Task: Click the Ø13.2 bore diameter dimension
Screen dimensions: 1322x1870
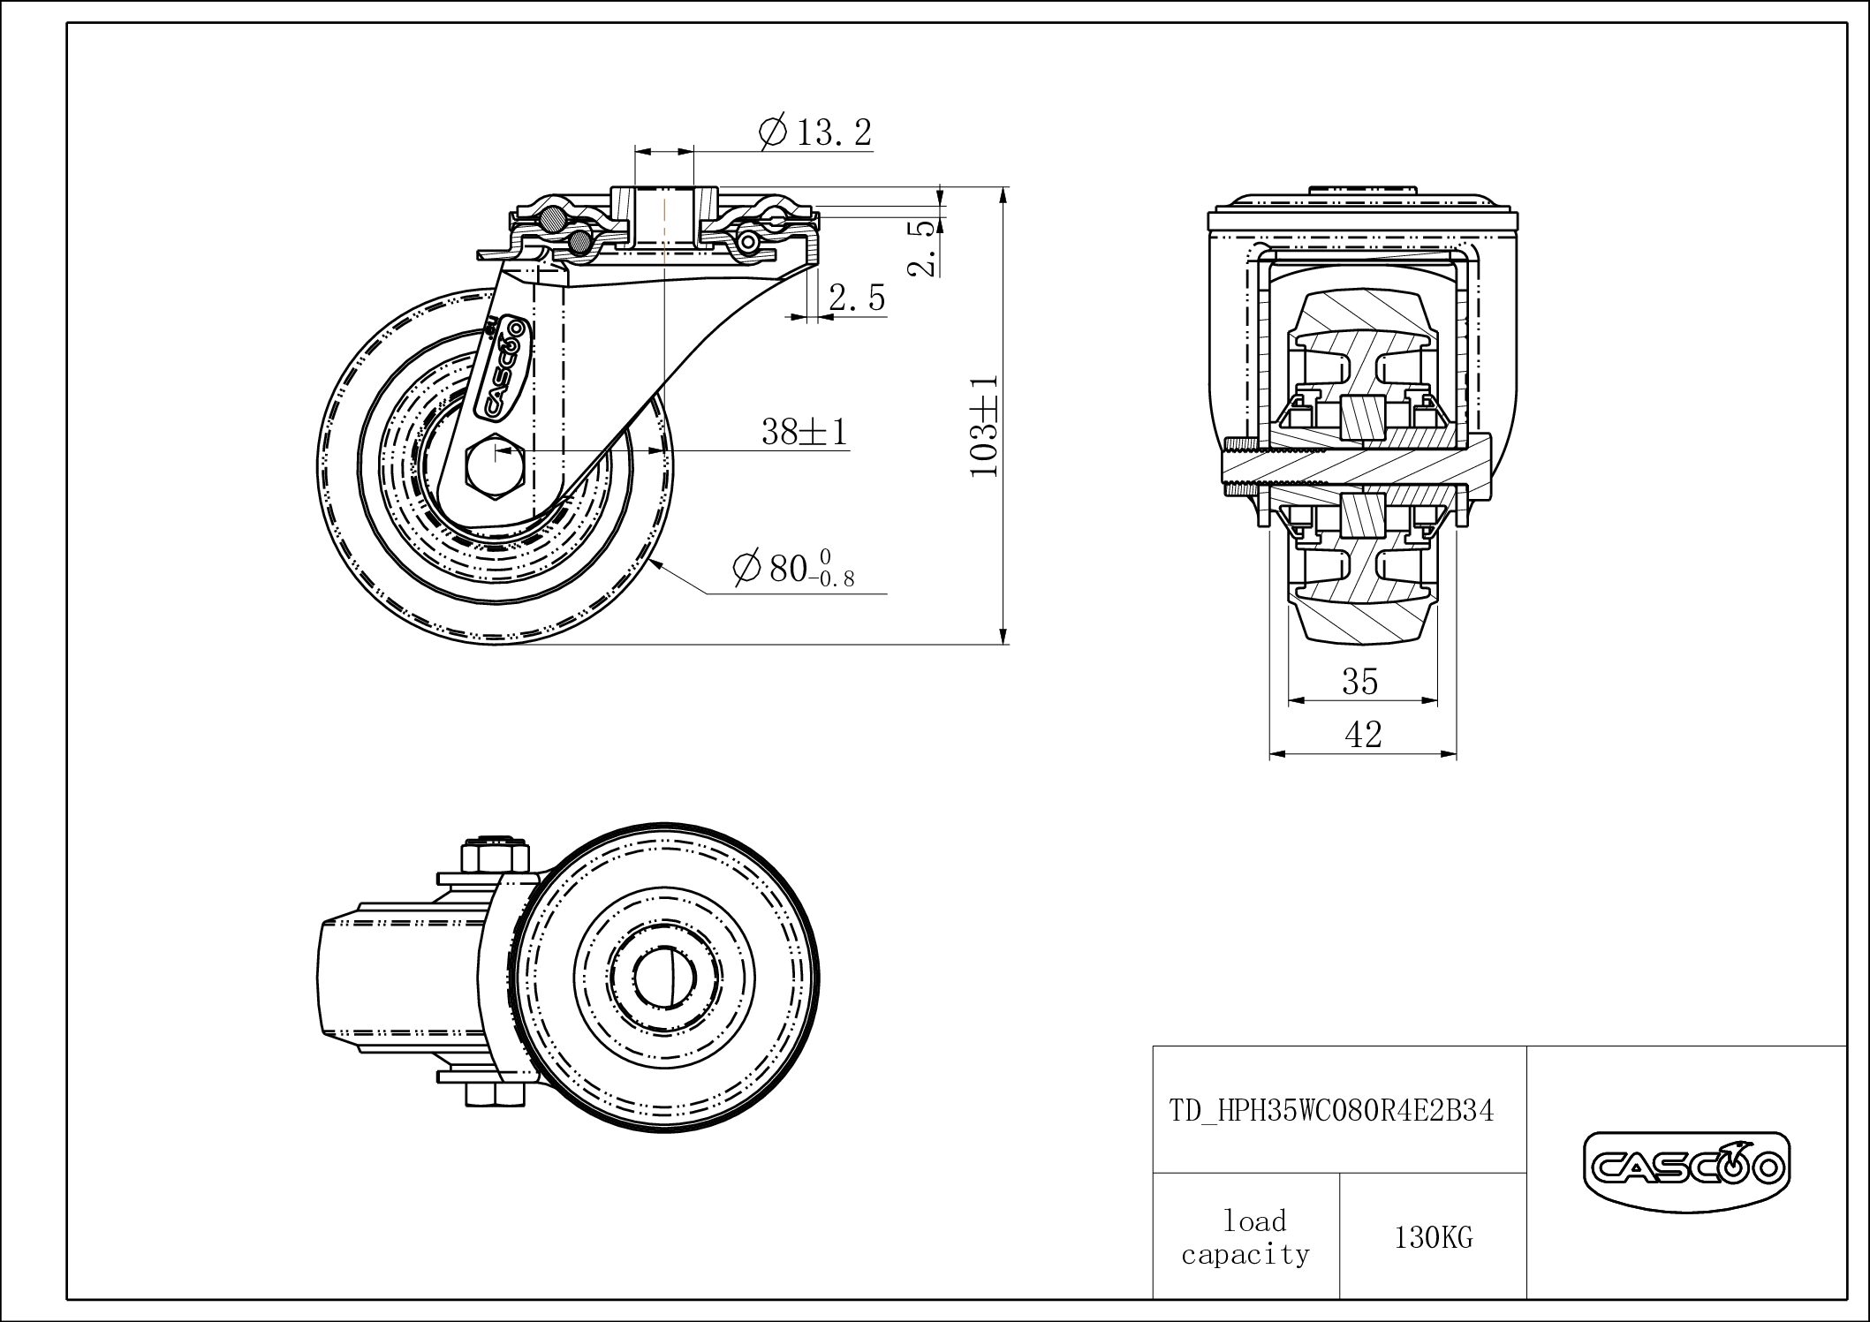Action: pos(814,133)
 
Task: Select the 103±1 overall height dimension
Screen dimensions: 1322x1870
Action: pos(984,425)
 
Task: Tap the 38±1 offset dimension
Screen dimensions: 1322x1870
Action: pos(804,432)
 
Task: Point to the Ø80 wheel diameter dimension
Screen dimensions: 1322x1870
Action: pos(793,569)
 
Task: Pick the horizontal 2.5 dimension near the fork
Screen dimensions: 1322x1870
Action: pos(856,298)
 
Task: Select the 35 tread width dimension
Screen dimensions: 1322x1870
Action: pos(1359,681)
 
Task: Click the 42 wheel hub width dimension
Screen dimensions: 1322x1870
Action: pos(1362,734)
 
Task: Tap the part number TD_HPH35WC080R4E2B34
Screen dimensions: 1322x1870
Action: pos(1331,1110)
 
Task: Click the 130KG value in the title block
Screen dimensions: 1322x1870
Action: pos(1433,1238)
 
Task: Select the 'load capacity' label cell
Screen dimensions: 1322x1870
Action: pos(1245,1238)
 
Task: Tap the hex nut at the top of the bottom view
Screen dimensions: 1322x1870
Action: pos(496,857)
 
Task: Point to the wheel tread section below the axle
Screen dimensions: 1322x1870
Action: pos(1360,609)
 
